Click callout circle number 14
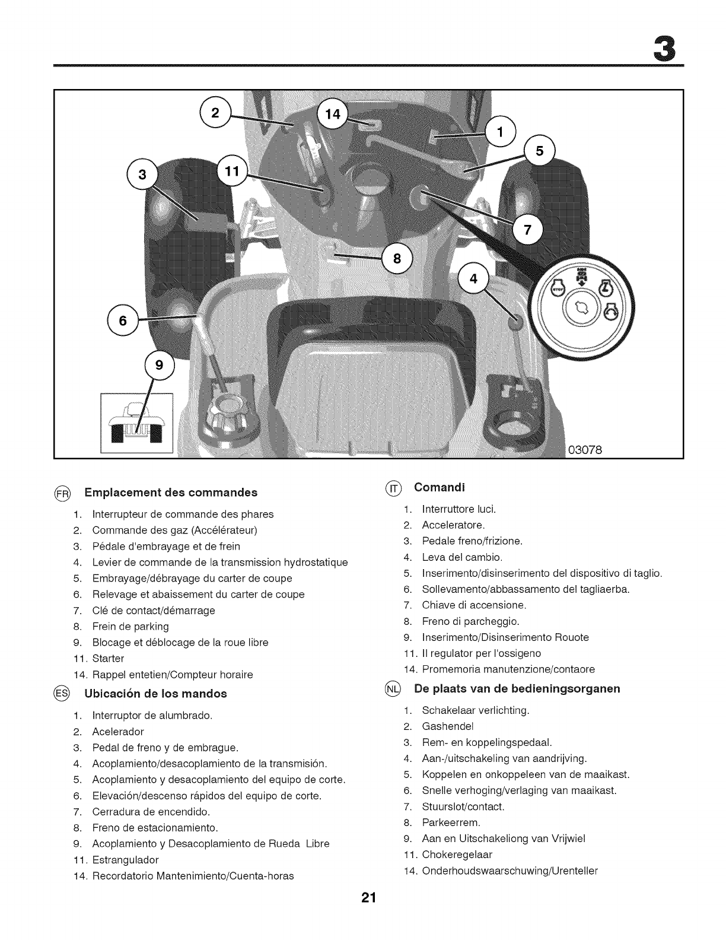pyautogui.click(x=334, y=115)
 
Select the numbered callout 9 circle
pyautogui.click(x=158, y=365)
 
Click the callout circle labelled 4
pyautogui.click(x=473, y=278)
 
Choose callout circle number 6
pyautogui.click(x=123, y=320)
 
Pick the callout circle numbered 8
pyautogui.click(x=397, y=258)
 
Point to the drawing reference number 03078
pyautogui.click(x=585, y=449)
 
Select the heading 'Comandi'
pyautogui.click(x=440, y=487)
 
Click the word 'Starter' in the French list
pyautogui.click(x=109, y=658)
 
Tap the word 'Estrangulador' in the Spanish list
pyautogui.click(x=126, y=859)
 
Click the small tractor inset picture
pyautogui.click(x=137, y=423)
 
